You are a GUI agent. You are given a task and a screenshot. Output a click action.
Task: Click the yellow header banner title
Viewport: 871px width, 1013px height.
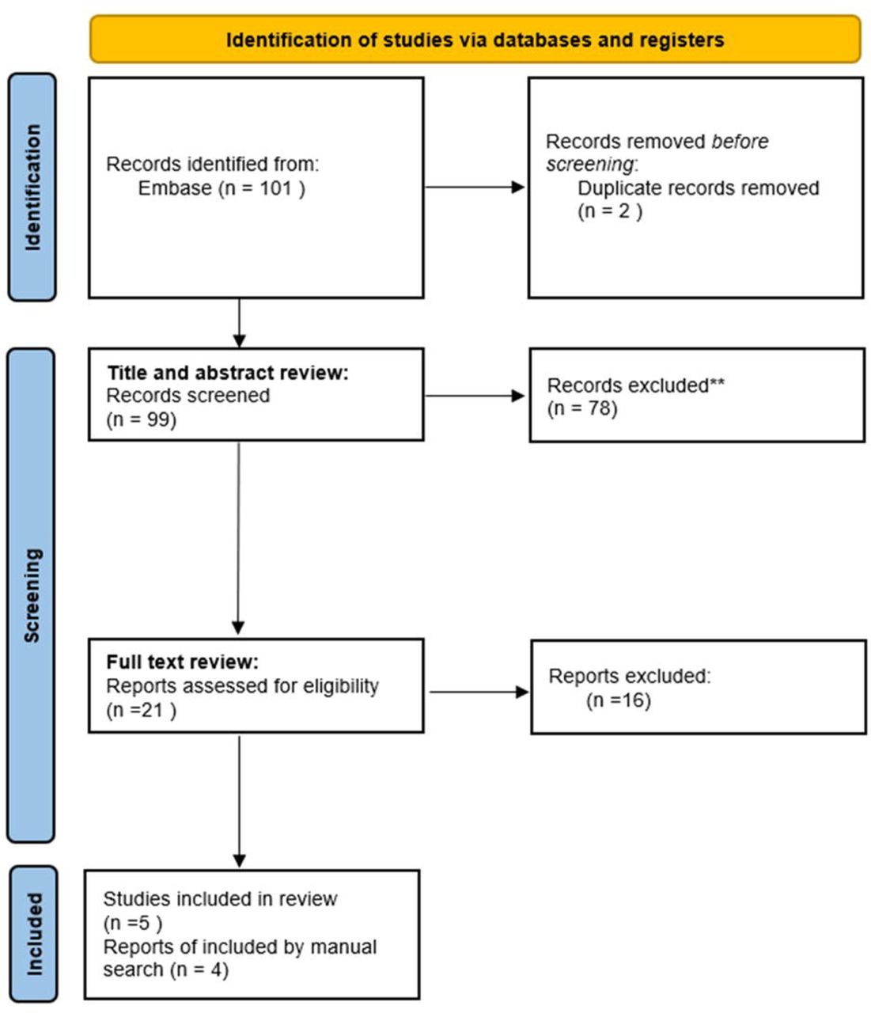click(474, 40)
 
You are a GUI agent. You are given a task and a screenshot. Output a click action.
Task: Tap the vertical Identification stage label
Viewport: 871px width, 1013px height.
click(32, 188)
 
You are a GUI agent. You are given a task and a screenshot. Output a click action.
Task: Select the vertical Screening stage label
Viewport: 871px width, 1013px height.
click(32, 595)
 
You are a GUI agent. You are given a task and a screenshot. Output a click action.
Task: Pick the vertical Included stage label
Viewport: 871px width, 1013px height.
click(33, 934)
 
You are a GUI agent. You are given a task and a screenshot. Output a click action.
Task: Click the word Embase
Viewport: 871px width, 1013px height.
click(175, 188)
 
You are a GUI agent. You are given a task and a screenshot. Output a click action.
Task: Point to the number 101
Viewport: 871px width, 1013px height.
click(276, 188)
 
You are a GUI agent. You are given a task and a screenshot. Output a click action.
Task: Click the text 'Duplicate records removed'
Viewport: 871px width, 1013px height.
click(698, 188)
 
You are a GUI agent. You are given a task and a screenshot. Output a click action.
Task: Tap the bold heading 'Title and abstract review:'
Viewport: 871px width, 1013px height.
click(228, 373)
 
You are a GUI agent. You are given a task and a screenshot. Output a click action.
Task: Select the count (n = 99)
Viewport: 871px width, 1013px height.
click(141, 419)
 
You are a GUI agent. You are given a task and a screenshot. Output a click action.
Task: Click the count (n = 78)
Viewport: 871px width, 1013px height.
click(582, 408)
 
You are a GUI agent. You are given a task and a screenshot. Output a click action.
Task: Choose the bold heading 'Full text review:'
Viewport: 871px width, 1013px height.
click(182, 662)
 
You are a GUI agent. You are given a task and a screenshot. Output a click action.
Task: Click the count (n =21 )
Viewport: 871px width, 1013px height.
click(141, 710)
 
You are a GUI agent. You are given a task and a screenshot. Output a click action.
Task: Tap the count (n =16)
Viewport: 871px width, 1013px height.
click(618, 700)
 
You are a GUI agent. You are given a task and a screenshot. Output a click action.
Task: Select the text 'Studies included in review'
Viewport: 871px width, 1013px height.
click(220, 899)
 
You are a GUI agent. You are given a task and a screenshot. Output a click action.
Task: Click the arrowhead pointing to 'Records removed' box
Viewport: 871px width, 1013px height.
click(518, 187)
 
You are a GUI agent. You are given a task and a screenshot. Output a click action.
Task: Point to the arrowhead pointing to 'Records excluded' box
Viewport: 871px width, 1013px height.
click(518, 396)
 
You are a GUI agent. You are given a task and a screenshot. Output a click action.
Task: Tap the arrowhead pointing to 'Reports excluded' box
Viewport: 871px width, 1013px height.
click(521, 692)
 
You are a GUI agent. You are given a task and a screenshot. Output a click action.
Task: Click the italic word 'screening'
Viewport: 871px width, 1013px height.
click(590, 165)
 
